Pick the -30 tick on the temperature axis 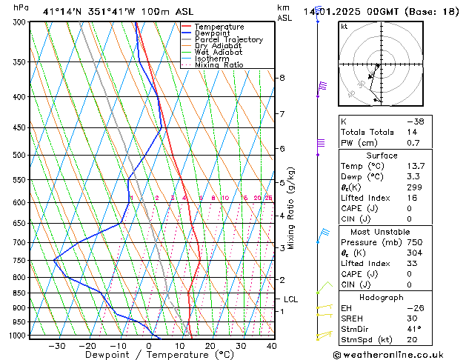coord(57,345)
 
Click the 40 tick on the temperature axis coord(272,345)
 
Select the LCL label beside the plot coord(291,299)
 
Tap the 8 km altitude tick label coord(282,78)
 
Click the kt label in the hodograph coord(344,27)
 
